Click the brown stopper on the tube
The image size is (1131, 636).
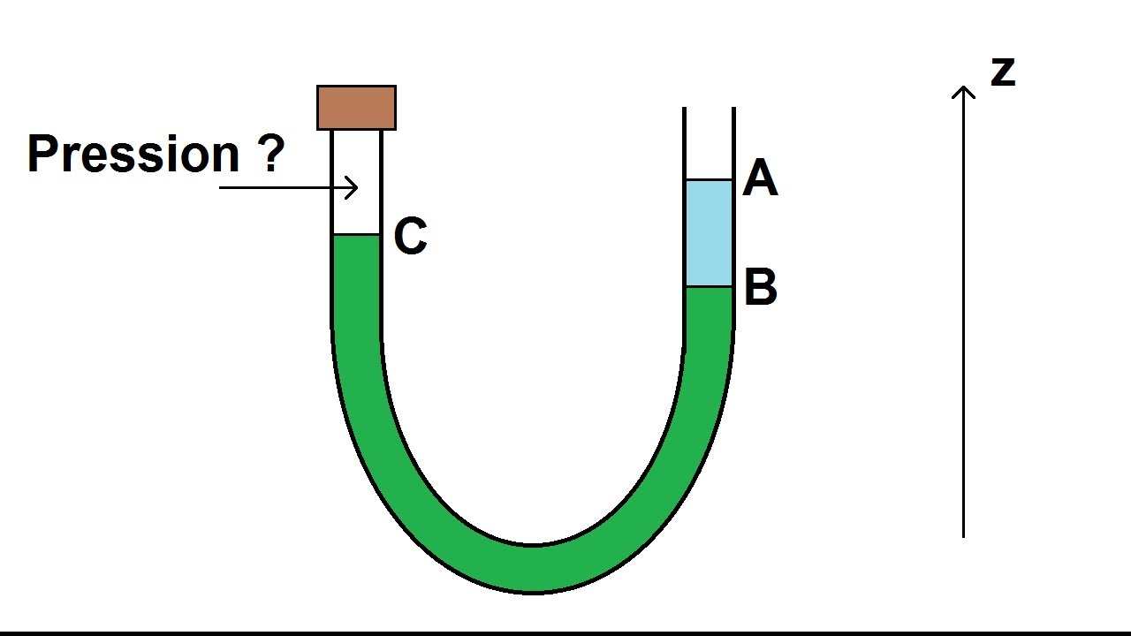356,108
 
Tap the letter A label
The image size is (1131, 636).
760,178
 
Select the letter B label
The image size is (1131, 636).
760,287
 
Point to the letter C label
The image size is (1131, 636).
410,237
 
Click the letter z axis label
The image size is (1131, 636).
1002,72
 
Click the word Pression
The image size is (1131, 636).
133,154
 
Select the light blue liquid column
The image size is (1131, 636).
710,232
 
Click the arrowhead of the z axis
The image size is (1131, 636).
963,90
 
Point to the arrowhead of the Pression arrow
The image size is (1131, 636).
353,187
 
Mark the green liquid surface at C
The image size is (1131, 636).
356,235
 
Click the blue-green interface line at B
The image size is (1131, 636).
710,286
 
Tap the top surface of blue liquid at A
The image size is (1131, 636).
710,180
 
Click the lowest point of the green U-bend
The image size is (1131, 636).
533,570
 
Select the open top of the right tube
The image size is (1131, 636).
710,110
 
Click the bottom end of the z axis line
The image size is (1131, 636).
963,534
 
